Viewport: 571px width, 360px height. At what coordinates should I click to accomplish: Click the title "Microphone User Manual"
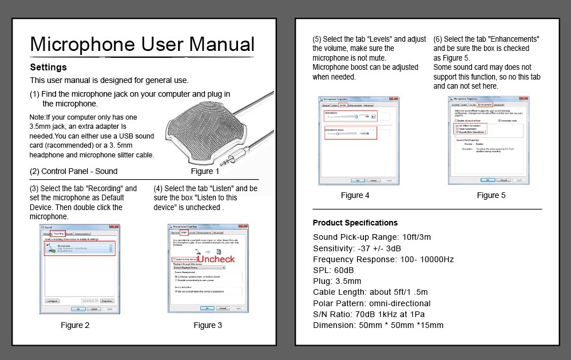pyautogui.click(x=142, y=45)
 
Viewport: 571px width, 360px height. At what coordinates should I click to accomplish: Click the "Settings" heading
pyautogui.click(x=48, y=68)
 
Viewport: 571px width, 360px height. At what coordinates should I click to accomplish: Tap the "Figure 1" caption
pyautogui.click(x=205, y=171)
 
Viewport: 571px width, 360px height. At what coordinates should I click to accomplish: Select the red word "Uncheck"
pyautogui.click(x=216, y=259)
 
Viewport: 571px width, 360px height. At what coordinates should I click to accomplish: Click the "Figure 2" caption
pyautogui.click(x=76, y=326)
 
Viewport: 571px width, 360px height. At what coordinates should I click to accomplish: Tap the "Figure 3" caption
pyautogui.click(x=207, y=326)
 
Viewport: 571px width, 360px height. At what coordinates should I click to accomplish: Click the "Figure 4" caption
pyautogui.click(x=355, y=195)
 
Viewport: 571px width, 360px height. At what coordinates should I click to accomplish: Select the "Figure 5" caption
pyautogui.click(x=491, y=195)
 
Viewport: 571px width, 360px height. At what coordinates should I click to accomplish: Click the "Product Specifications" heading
pyautogui.click(x=355, y=223)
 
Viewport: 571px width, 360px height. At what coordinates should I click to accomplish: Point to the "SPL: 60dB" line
pyautogui.click(x=334, y=270)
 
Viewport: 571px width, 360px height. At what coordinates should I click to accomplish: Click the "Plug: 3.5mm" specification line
pyautogui.click(x=337, y=281)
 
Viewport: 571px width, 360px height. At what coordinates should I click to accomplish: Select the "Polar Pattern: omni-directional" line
pyautogui.click(x=372, y=303)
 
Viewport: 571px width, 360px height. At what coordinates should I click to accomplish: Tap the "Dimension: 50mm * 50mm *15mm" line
pyautogui.click(x=378, y=326)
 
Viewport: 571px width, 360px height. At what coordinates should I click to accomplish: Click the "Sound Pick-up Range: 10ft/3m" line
pyautogui.click(x=372, y=237)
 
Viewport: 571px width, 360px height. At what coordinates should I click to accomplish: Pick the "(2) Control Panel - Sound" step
pyautogui.click(x=73, y=171)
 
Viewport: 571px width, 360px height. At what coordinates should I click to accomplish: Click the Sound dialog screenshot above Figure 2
pyautogui.click(x=81, y=268)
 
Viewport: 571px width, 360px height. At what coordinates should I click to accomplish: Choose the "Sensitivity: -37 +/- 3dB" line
pyautogui.click(x=357, y=248)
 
